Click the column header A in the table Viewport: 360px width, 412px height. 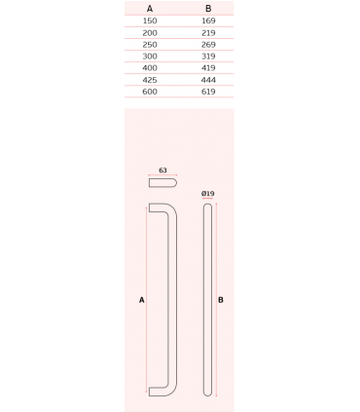pyautogui.click(x=150, y=9)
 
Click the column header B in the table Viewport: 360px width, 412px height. pyautogui.click(x=208, y=9)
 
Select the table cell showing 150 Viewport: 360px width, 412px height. pyautogui.click(x=150, y=20)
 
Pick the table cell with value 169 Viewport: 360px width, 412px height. pyautogui.click(x=208, y=20)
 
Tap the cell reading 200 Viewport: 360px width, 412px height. pyautogui.click(x=150, y=33)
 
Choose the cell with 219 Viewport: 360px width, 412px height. pyautogui.click(x=208, y=33)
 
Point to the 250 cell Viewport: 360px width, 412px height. pyautogui.click(x=150, y=45)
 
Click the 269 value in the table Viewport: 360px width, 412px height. pyautogui.click(x=208, y=45)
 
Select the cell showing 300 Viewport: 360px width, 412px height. pyautogui.click(x=150, y=56)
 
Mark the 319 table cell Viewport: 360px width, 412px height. pyautogui.click(x=208, y=56)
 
